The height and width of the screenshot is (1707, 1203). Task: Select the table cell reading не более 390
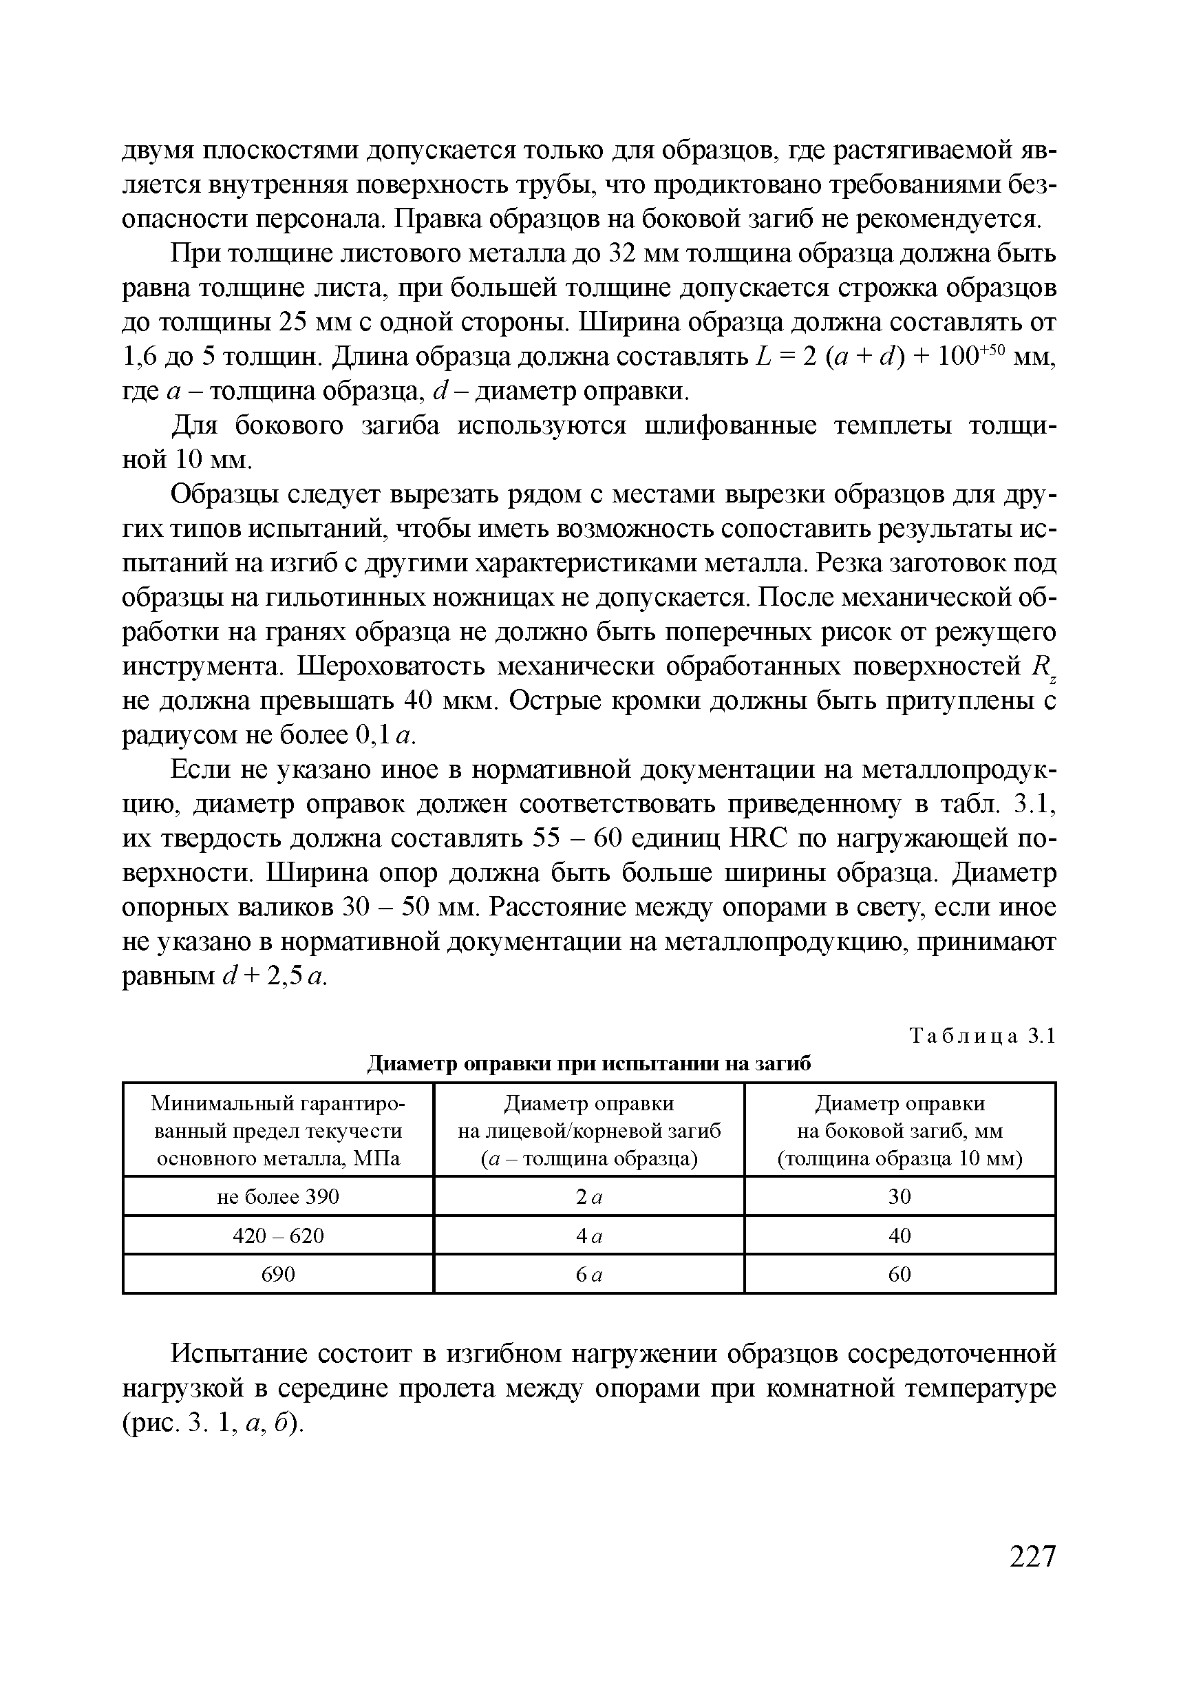pyautogui.click(x=278, y=1196)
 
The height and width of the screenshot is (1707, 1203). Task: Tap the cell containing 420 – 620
pyautogui.click(x=278, y=1236)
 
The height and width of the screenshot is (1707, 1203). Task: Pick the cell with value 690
pyautogui.click(x=278, y=1274)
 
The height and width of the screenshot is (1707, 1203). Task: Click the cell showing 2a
pyautogui.click(x=589, y=1196)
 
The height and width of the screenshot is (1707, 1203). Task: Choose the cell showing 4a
pyautogui.click(x=589, y=1236)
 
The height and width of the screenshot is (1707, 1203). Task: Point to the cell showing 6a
pyautogui.click(x=589, y=1274)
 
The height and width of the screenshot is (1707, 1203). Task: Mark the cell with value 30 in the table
pyautogui.click(x=899, y=1196)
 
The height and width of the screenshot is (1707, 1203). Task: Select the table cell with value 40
pyautogui.click(x=899, y=1236)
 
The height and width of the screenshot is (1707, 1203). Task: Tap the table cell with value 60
pyautogui.click(x=899, y=1274)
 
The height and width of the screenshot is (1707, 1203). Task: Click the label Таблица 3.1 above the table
pyautogui.click(x=981, y=1036)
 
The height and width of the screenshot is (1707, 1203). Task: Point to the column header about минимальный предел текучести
pyautogui.click(x=278, y=1131)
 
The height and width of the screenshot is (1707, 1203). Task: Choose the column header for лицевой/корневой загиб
pyautogui.click(x=589, y=1131)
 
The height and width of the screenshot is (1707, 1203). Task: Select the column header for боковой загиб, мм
pyautogui.click(x=899, y=1131)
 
